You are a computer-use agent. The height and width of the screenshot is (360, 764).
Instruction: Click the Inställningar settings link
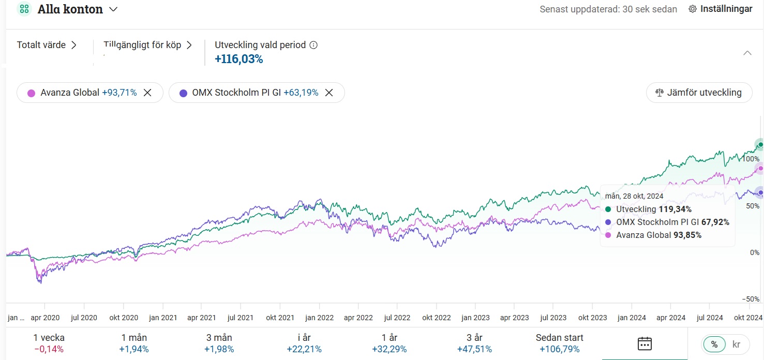tap(720, 9)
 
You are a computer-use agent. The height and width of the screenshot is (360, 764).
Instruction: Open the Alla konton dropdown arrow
tap(113, 9)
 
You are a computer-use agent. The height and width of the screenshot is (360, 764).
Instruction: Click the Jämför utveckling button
tap(699, 93)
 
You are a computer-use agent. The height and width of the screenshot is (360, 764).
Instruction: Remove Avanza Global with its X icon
tap(147, 93)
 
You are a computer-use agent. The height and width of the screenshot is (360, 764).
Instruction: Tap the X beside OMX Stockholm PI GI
tap(329, 93)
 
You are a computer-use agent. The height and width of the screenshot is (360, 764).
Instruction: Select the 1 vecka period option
tap(49, 343)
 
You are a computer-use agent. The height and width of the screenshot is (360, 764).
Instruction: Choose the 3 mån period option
tap(219, 343)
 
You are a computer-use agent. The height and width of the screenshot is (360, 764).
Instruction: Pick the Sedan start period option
tap(559, 343)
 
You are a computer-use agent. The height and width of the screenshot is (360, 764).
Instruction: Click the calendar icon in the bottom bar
tap(645, 343)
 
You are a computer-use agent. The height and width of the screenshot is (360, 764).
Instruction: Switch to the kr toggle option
tap(737, 344)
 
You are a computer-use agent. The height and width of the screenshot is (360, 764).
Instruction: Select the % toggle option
tap(714, 344)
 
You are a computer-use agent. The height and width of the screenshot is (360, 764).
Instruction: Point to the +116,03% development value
tap(239, 59)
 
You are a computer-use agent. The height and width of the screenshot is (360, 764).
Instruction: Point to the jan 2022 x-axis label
tap(319, 317)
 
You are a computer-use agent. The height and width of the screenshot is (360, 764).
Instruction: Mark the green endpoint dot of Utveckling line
tap(760, 144)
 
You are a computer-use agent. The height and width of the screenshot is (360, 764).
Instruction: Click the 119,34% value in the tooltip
tap(675, 209)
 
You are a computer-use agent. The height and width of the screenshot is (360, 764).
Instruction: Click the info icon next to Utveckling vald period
tap(313, 45)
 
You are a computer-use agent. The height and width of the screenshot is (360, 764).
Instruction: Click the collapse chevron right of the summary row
tap(747, 53)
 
